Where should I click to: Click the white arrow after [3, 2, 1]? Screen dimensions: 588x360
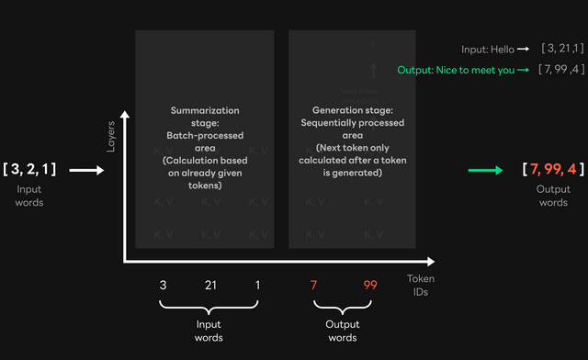pyautogui.click(x=88, y=170)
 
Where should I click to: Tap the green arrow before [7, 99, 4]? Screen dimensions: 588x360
pyautogui.click(x=485, y=170)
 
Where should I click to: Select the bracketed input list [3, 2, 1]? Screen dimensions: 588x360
pyautogui.click(x=30, y=169)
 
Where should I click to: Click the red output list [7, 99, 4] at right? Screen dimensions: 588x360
pyautogui.click(x=553, y=170)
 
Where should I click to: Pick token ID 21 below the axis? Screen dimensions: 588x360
pyautogui.click(x=209, y=285)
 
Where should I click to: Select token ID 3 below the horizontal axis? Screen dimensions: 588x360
pyautogui.click(x=163, y=285)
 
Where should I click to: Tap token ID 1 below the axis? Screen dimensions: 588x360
pyautogui.click(x=257, y=285)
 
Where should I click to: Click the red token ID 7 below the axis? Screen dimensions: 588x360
pyautogui.click(x=314, y=285)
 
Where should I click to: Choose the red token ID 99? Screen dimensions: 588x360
pyautogui.click(x=370, y=285)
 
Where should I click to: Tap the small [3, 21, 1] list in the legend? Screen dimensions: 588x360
pyautogui.click(x=562, y=48)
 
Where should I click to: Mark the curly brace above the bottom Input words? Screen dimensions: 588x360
pyautogui.click(x=210, y=308)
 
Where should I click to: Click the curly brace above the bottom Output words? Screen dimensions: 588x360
pyautogui.click(x=343, y=308)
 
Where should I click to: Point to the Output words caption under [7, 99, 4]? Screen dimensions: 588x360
pyautogui.click(x=553, y=197)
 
